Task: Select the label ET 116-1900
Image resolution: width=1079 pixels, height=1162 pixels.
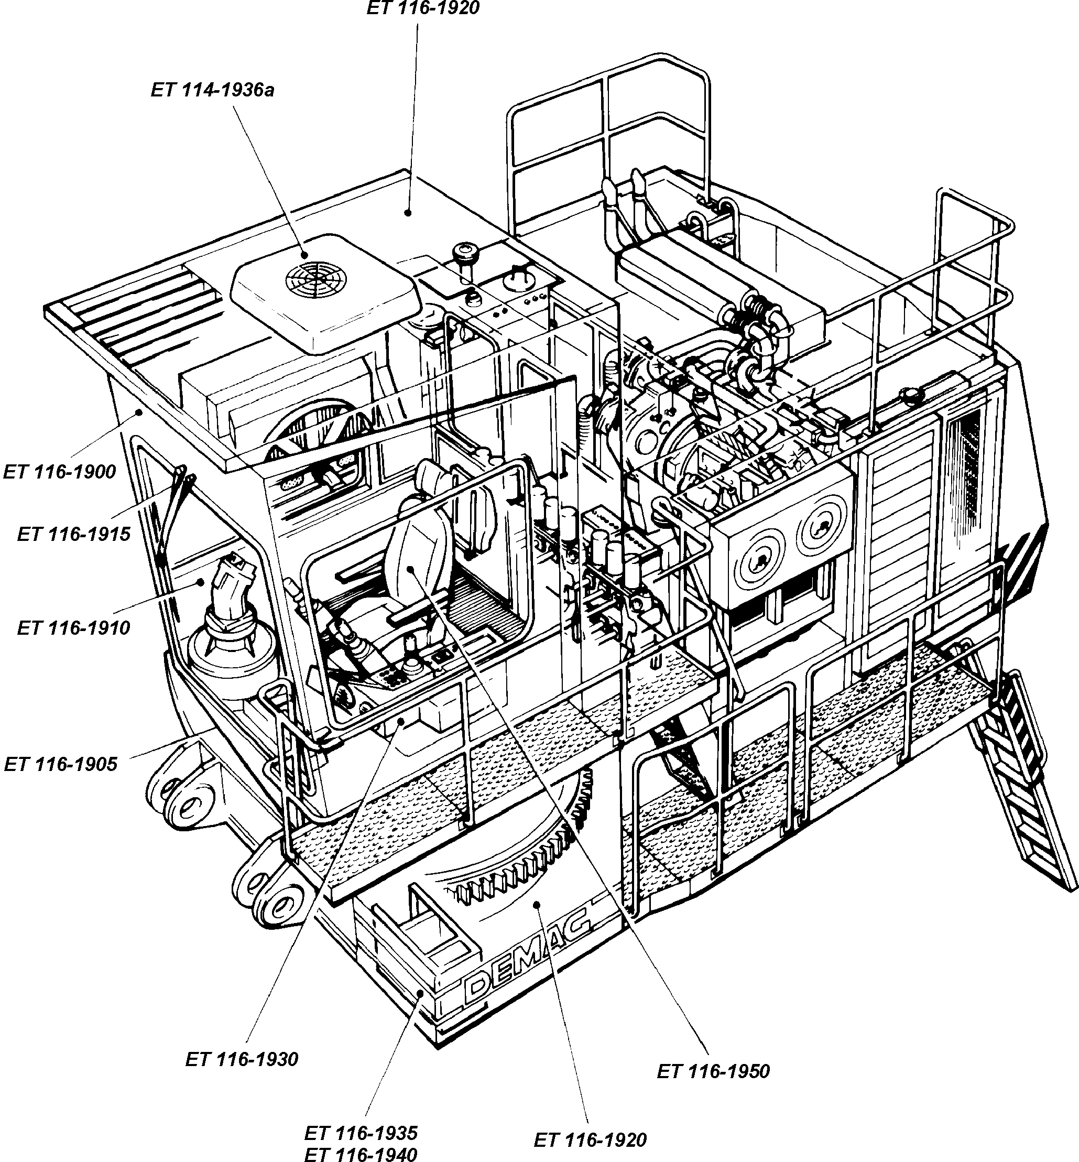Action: (x=60, y=472)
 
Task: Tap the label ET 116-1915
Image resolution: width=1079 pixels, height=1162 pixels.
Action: (x=73, y=534)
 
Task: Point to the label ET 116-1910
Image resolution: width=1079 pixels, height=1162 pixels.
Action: (x=73, y=628)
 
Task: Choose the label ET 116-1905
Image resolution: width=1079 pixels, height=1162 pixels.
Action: (x=61, y=764)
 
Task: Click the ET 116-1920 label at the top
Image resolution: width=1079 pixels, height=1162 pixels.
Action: (x=423, y=8)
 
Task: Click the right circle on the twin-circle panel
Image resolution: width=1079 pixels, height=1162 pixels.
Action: (x=824, y=526)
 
